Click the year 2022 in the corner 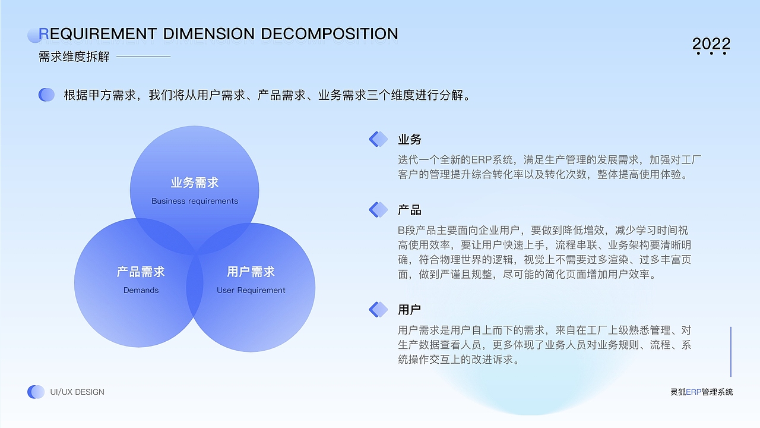[x=711, y=45]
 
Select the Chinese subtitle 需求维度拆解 [x=74, y=56]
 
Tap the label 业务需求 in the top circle [x=195, y=182]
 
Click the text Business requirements [x=195, y=201]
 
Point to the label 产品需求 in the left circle [x=141, y=272]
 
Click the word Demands [x=141, y=290]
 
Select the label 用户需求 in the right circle [x=251, y=272]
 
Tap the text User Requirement [x=251, y=290]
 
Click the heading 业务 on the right [x=410, y=139]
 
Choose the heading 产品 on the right [x=410, y=210]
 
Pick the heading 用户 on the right [x=410, y=310]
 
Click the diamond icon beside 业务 [x=378, y=139]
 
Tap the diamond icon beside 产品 [x=378, y=209]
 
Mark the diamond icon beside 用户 [x=378, y=309]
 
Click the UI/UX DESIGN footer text [x=77, y=392]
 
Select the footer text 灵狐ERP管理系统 [x=701, y=392]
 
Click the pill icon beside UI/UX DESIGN [x=36, y=392]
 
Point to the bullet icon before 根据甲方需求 [x=46, y=95]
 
